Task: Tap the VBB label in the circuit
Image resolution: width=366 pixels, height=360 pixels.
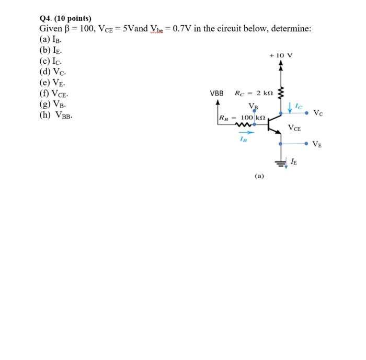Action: tap(216, 94)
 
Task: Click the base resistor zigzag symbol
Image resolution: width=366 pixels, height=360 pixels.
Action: tap(244, 124)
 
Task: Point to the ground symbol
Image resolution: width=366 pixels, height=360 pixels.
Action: tap(281, 163)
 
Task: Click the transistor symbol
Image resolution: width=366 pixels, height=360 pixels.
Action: tap(273, 124)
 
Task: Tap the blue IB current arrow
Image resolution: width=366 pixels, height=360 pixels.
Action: tap(243, 133)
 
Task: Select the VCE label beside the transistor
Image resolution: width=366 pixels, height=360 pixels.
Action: tap(295, 128)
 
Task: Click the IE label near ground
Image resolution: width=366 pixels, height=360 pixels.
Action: tap(294, 162)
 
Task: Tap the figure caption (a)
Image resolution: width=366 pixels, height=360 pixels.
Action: tap(259, 176)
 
